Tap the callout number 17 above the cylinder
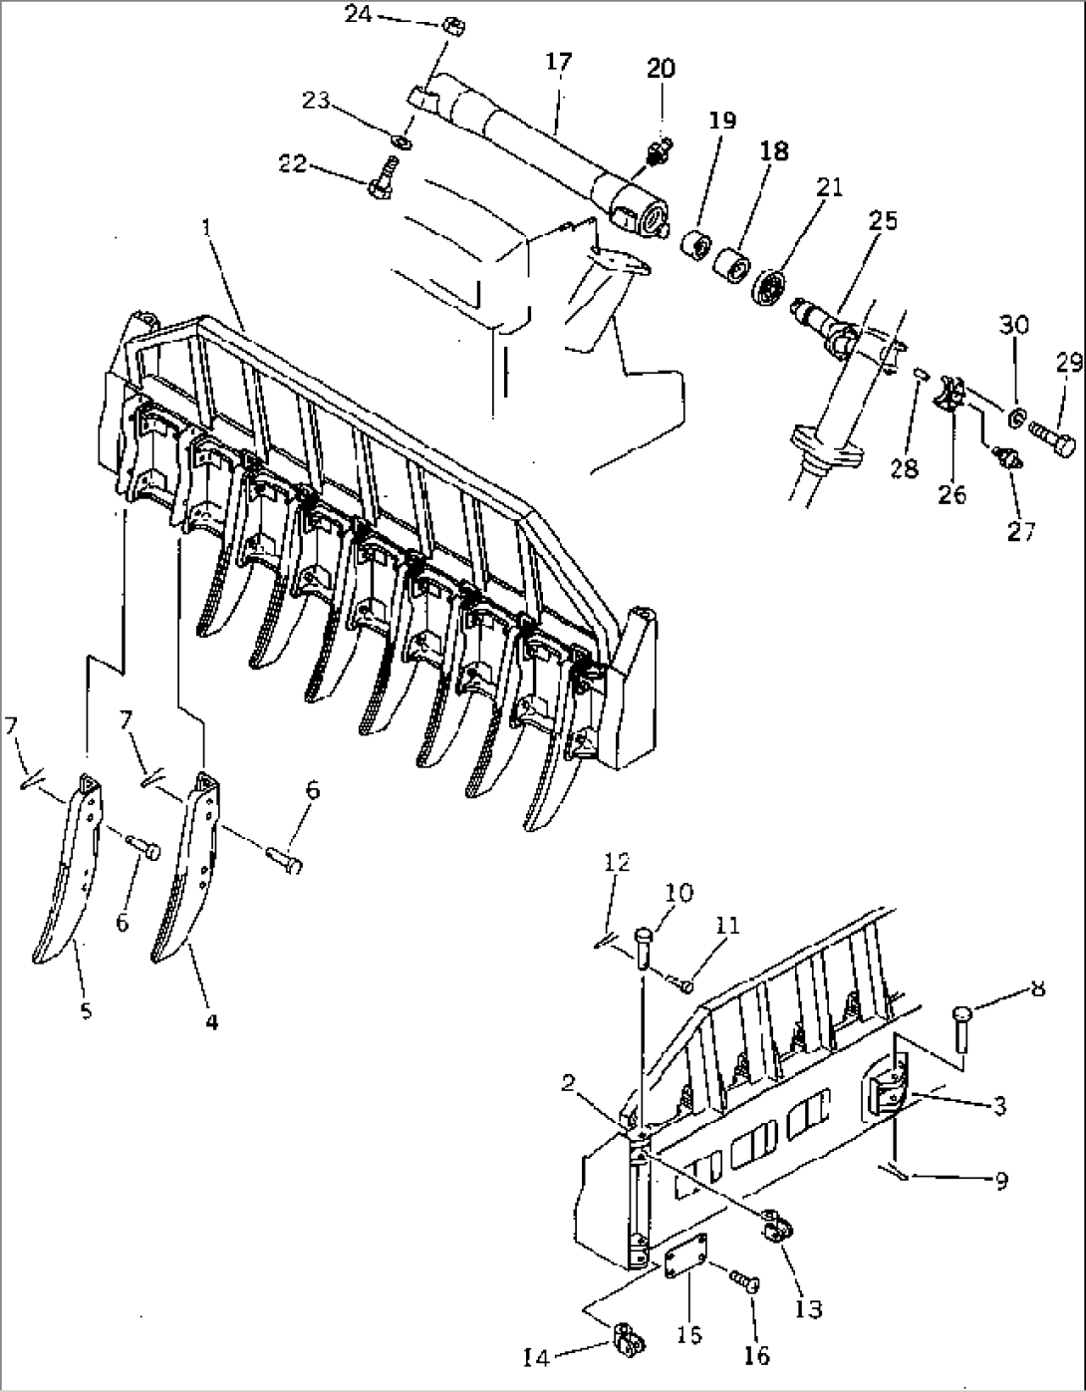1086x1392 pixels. [559, 62]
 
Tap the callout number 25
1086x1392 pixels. [883, 221]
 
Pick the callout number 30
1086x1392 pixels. [1015, 325]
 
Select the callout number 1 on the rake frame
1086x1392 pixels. [206, 228]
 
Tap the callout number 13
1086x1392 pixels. [809, 1307]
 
